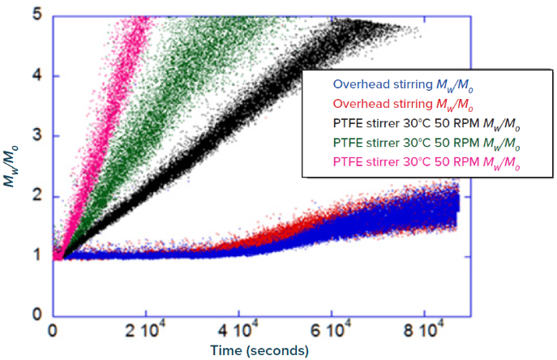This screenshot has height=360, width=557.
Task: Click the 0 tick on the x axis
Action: pyautogui.click(x=53, y=332)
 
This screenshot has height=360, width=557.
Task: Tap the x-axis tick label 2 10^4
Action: pyautogui.click(x=146, y=332)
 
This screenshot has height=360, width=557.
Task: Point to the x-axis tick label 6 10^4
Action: pyautogui.click(x=331, y=332)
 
